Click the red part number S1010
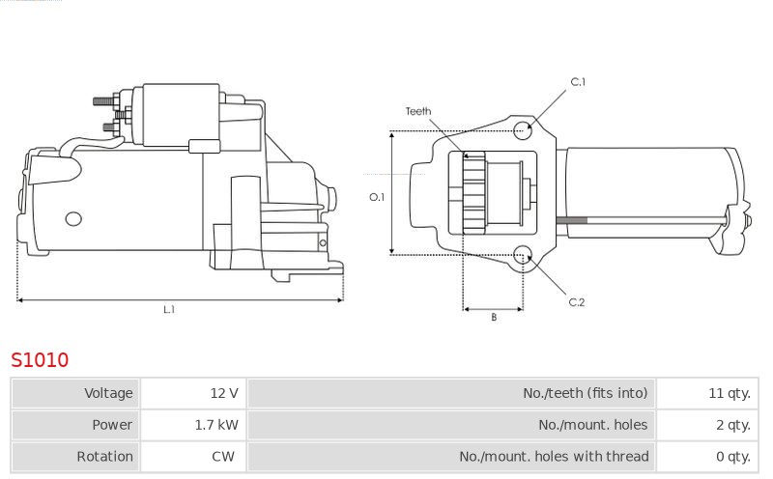40,360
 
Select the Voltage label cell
76,393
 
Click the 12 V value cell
193,393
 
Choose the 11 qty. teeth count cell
707,393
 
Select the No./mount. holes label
592,425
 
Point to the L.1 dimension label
169,309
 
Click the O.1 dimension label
377,197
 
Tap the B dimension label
494,318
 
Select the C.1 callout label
578,82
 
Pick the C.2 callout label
576,302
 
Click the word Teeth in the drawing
418,111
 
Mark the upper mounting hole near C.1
523,130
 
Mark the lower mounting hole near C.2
523,256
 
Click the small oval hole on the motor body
73,219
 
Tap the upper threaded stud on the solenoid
104,101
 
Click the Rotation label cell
76,457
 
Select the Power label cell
76,425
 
